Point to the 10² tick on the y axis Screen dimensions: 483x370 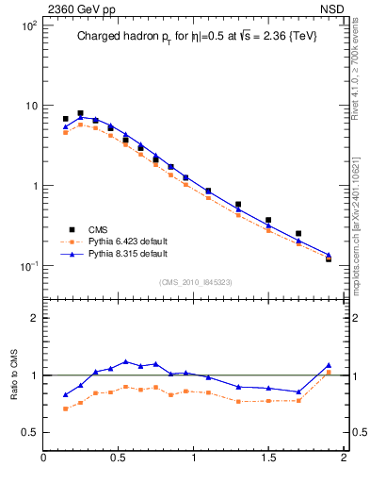pos(29,25)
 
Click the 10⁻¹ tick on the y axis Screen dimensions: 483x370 pos(29,266)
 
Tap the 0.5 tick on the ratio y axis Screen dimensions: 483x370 pos(31,432)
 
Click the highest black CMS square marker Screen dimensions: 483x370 pos(80,113)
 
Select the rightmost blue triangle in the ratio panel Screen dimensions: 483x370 pos(329,365)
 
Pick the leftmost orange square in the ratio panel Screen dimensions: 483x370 pos(65,408)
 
